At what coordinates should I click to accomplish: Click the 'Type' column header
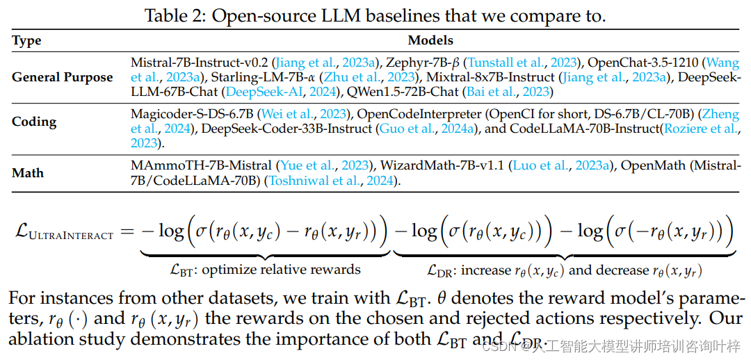click(x=26, y=41)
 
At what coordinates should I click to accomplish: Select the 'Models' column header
click(x=430, y=41)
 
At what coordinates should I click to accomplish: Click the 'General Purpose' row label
click(x=62, y=77)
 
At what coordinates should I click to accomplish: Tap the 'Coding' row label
click(x=34, y=122)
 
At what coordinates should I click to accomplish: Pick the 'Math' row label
click(x=29, y=172)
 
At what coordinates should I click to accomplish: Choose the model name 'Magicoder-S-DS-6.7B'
click(x=192, y=114)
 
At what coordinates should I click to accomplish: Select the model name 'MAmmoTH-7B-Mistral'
click(x=201, y=165)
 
